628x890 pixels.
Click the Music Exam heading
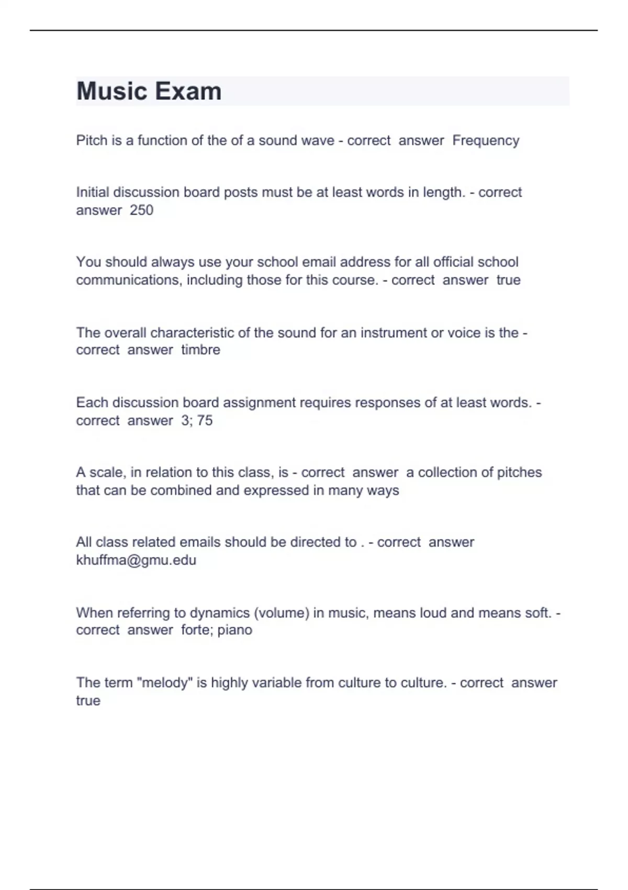[x=149, y=91]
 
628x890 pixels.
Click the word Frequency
[x=486, y=141]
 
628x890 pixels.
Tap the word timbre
[x=200, y=350]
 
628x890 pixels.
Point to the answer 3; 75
[x=197, y=420]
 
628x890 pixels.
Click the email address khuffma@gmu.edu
[x=136, y=560]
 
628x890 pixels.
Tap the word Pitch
[x=92, y=141]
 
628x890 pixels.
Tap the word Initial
[x=92, y=192]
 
